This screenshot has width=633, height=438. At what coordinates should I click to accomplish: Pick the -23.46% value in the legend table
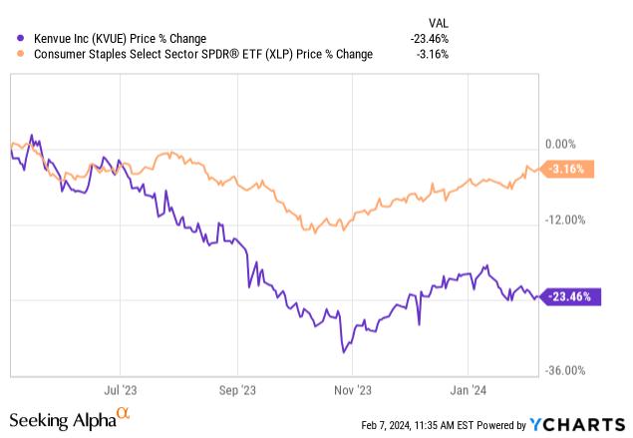(429, 38)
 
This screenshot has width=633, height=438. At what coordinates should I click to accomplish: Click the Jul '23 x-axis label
(120, 392)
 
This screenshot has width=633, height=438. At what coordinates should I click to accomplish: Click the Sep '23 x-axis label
(237, 392)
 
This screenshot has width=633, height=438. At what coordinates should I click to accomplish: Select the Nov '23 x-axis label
(354, 392)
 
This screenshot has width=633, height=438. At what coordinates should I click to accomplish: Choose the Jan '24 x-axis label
(470, 392)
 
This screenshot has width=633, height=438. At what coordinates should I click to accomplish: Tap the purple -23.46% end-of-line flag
(569, 296)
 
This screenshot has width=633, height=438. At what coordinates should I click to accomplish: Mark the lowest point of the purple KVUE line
(343, 351)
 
